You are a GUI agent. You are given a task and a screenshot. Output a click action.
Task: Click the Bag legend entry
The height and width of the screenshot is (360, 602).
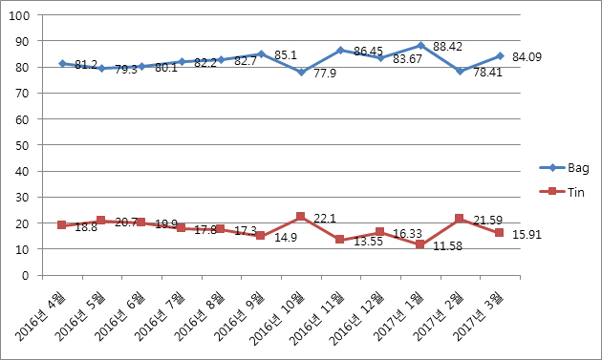point(564,168)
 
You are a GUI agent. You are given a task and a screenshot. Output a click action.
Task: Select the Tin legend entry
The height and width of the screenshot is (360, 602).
point(562,192)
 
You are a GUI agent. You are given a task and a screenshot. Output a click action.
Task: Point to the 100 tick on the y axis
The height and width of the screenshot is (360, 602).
point(19,15)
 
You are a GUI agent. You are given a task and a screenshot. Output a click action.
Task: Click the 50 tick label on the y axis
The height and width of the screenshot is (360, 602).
point(23,145)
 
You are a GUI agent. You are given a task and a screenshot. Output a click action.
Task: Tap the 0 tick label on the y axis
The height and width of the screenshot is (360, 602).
point(26,276)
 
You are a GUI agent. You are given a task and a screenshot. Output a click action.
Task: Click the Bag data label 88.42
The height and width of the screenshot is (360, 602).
point(447,47)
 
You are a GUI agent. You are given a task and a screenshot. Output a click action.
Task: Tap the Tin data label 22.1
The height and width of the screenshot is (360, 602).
point(325,219)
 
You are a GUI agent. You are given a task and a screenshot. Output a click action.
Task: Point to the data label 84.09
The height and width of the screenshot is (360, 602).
point(527,56)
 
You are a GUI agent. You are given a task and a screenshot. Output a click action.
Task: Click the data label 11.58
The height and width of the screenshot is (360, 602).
point(447,246)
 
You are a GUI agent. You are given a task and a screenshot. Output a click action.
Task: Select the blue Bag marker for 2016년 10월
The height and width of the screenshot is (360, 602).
point(301,72)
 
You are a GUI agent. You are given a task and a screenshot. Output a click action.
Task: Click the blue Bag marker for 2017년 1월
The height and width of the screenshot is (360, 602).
point(420,46)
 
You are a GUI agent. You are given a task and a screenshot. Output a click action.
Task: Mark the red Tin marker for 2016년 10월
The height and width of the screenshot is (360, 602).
point(301,217)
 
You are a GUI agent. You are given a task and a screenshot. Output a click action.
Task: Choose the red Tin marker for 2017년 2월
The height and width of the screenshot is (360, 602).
point(460,219)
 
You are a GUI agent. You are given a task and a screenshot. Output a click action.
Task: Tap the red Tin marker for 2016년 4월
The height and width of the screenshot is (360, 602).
point(61,225)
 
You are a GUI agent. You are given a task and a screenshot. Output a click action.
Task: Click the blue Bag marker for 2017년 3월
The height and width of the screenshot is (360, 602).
point(500,56)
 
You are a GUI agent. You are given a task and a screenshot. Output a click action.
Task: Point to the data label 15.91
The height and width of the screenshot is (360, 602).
point(527,235)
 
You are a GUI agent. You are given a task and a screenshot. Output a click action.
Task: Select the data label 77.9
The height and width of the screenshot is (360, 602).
point(325,74)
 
